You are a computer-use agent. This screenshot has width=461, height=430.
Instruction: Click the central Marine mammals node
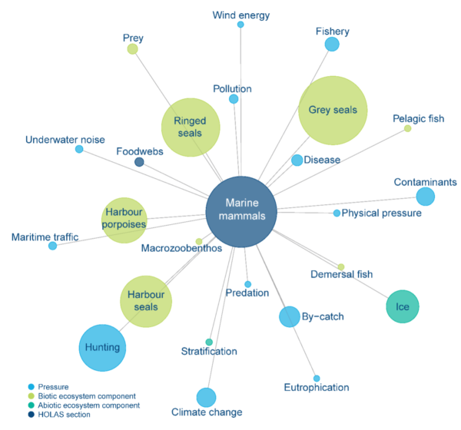coord(241,211)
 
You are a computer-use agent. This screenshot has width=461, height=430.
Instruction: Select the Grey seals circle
coord(333,110)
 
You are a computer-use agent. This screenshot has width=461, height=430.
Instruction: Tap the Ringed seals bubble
coord(190,127)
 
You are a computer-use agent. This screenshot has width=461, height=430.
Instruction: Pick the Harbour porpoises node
coord(124,218)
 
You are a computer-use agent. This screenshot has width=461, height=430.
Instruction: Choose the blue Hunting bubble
coord(102,347)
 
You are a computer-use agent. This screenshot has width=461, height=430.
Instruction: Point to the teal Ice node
coord(403,307)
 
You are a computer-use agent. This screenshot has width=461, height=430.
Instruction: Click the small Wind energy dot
coord(240,25)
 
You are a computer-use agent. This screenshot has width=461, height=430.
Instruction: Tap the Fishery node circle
coord(332,45)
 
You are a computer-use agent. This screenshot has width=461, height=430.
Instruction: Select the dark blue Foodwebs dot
coord(139,162)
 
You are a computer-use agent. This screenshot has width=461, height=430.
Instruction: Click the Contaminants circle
coord(425,197)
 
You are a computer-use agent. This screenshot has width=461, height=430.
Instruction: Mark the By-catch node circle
coord(289,316)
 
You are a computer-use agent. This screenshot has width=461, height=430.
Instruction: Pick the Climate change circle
coord(206,397)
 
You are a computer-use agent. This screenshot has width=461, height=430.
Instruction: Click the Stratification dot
coord(209,342)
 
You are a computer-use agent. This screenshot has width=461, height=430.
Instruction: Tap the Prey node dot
coord(132,49)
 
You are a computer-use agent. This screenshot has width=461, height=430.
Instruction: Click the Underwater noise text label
coord(65,140)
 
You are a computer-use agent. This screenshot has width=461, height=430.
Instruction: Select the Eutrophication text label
coord(316,388)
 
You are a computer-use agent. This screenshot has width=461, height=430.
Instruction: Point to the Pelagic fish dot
coord(407,128)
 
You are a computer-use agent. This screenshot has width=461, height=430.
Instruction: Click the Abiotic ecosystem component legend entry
coord(89,405)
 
